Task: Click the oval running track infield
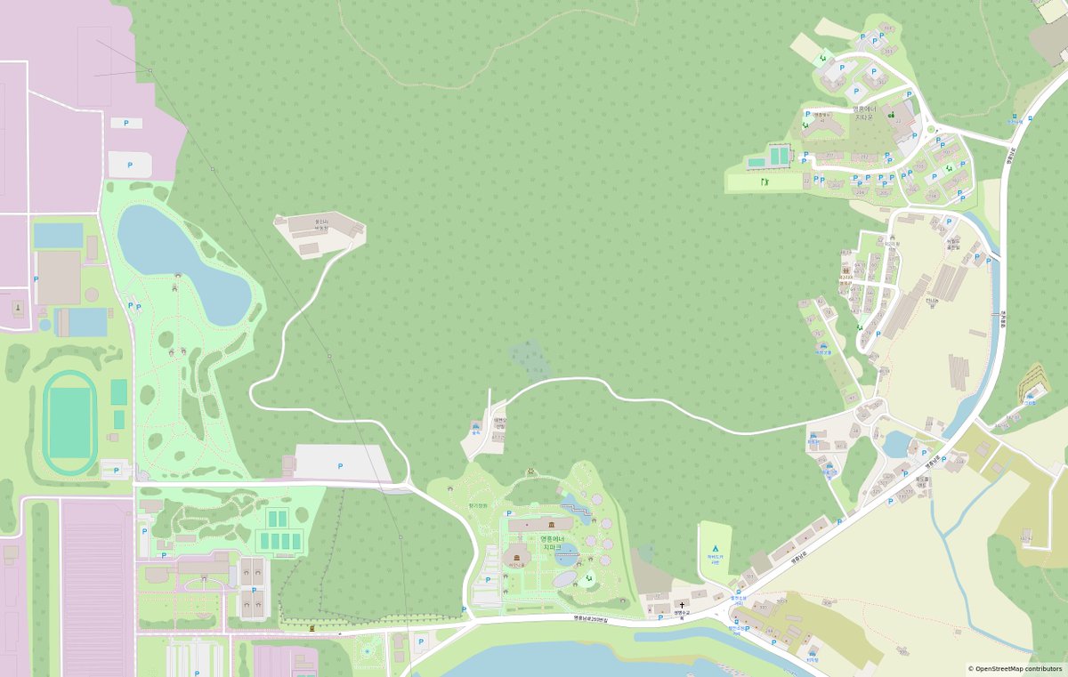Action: [x=69, y=423]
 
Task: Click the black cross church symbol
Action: [x=682, y=605]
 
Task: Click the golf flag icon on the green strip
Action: [x=764, y=181]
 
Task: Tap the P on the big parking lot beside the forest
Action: [x=340, y=465]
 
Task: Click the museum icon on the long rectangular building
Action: [x=540, y=526]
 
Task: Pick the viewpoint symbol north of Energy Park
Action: [x=531, y=470]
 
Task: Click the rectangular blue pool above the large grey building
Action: [x=58, y=236]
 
